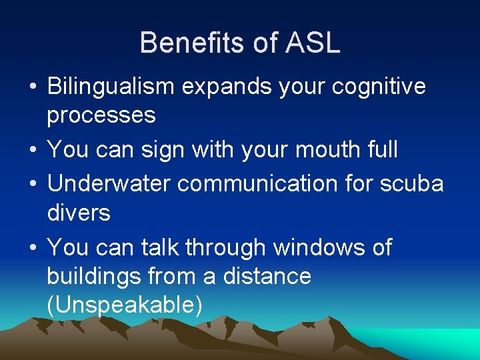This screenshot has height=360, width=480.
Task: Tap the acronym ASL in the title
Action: [313, 43]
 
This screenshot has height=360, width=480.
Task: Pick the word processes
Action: [101, 115]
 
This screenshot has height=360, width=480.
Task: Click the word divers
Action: [79, 213]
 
